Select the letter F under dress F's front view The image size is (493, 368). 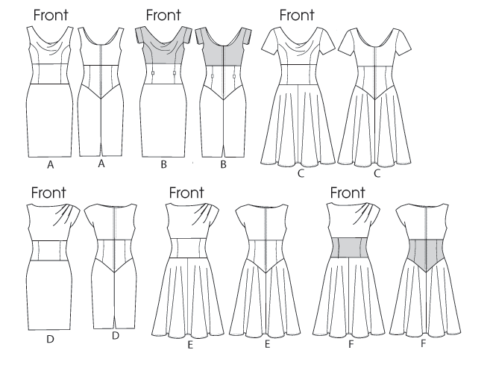(348, 346)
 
